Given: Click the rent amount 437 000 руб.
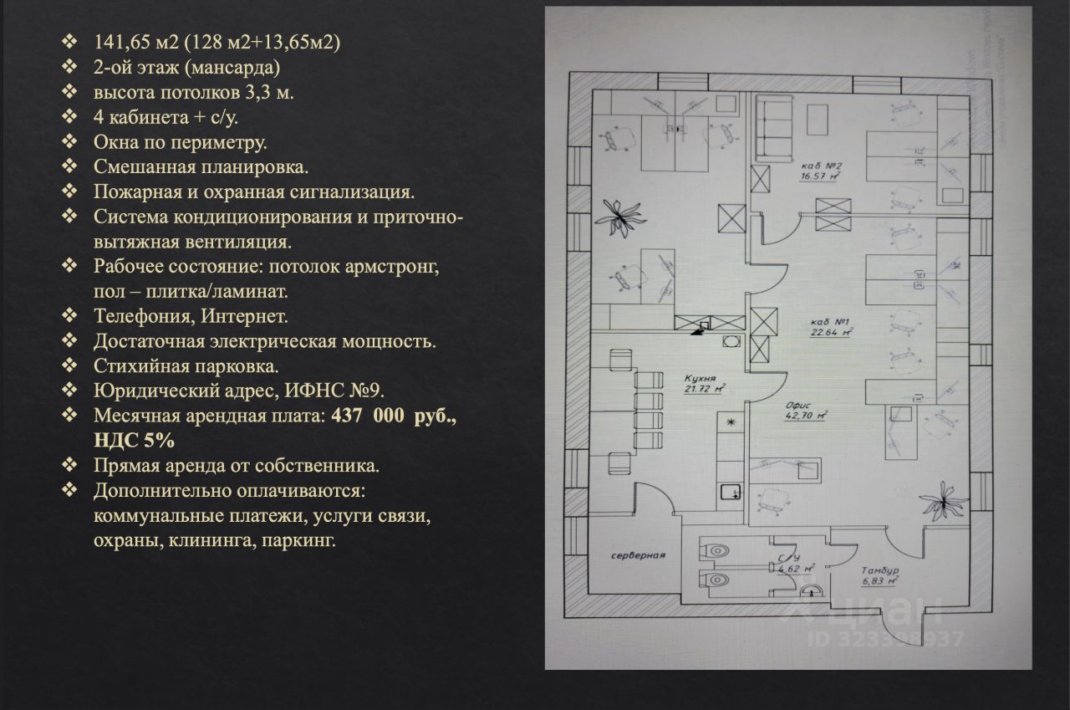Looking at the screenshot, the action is (394, 416).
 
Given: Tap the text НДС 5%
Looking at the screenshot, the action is (135, 440).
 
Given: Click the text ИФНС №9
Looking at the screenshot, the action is (334, 391).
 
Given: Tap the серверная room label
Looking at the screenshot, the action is (637, 555).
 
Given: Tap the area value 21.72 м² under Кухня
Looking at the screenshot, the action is (703, 389).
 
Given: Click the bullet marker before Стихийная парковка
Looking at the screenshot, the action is (69, 366).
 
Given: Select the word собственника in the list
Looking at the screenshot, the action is (326, 465).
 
